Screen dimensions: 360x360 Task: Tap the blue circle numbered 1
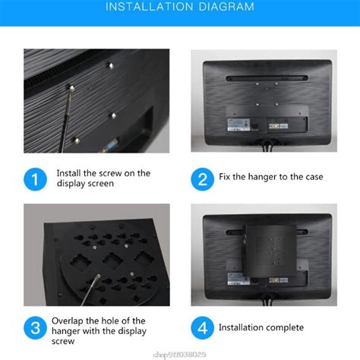point(35,178)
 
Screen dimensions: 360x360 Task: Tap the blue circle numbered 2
point(201,178)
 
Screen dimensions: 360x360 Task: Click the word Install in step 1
point(69,173)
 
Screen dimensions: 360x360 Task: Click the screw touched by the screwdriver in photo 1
point(71,90)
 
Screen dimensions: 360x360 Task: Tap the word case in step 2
point(313,177)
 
